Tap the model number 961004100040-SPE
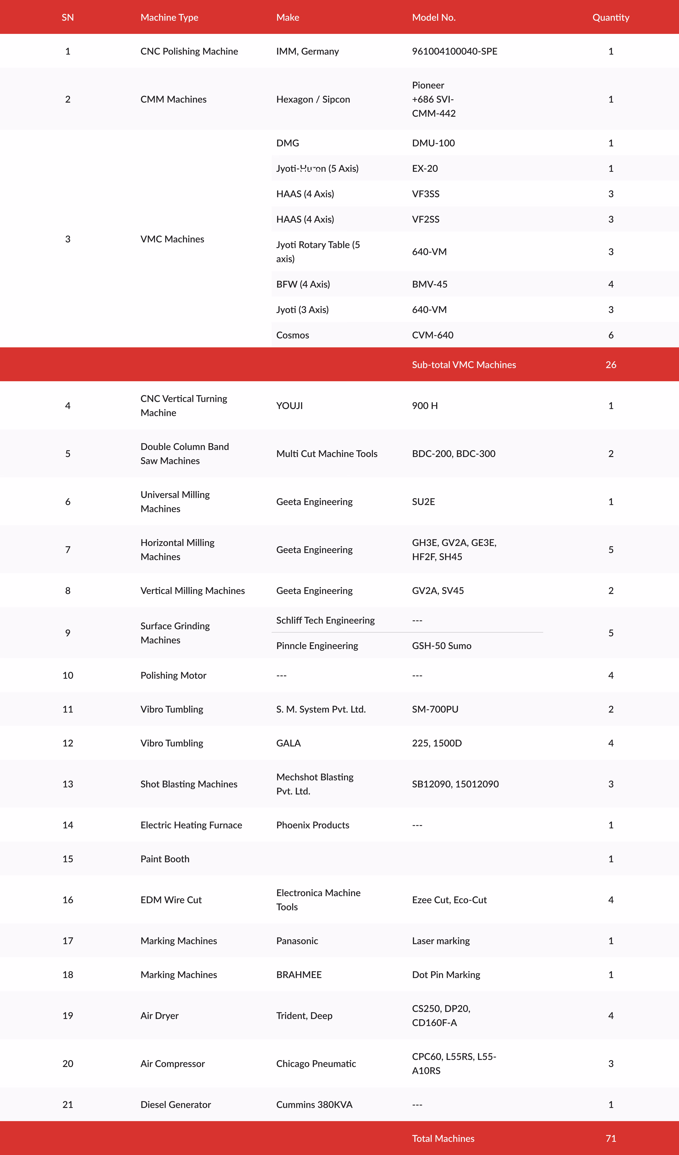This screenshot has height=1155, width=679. (454, 51)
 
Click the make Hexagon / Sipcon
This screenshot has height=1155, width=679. (313, 99)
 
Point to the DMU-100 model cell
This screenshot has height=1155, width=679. (433, 143)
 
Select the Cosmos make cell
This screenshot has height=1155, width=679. (293, 335)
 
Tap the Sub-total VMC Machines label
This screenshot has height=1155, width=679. (464, 365)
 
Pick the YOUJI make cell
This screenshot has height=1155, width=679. (289, 406)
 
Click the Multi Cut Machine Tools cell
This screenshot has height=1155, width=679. (326, 454)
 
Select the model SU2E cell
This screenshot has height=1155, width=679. (423, 502)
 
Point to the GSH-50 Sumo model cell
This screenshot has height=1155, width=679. (442, 646)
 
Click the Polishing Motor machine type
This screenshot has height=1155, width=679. (173, 676)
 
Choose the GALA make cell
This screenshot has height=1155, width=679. (288, 743)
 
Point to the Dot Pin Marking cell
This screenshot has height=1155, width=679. (446, 975)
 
